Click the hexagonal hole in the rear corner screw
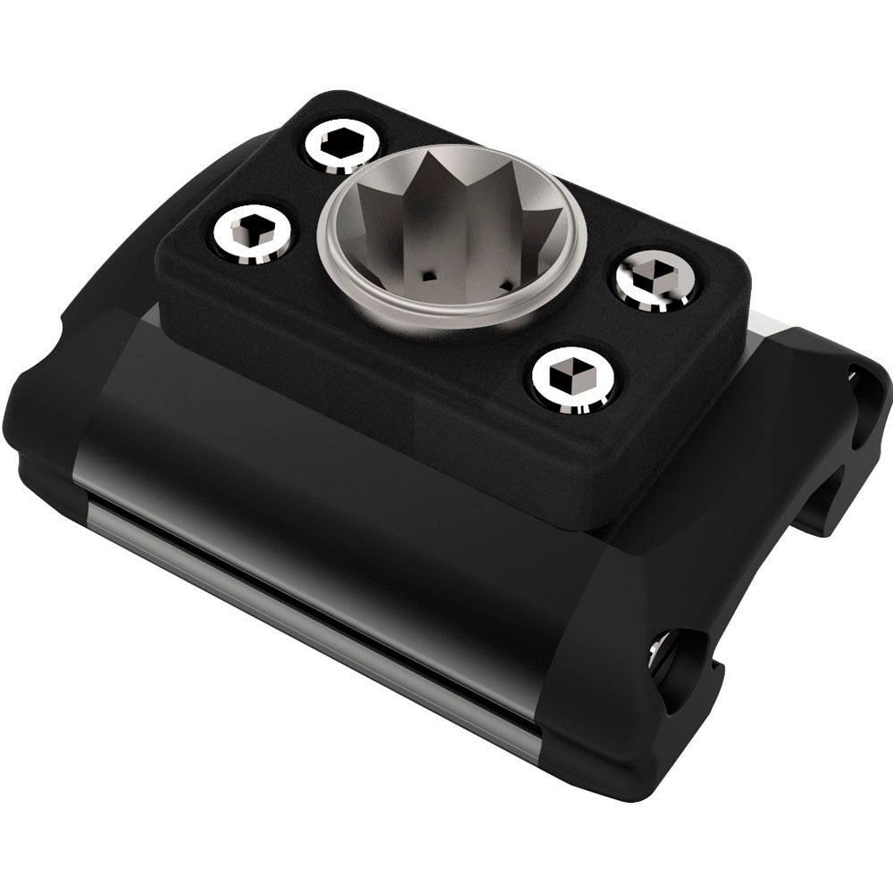point(339,141)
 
